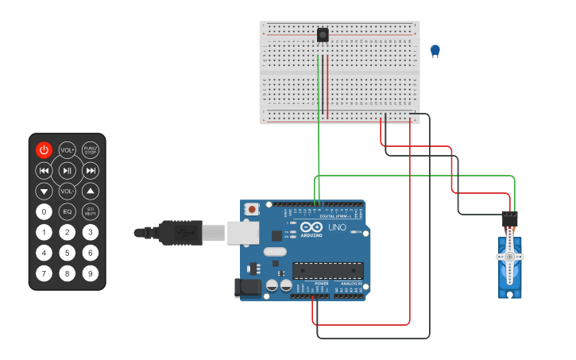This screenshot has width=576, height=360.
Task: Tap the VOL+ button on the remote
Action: pyautogui.click(x=68, y=149)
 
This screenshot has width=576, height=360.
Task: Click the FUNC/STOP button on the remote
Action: pyautogui.click(x=91, y=149)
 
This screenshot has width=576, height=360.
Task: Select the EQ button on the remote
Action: pyautogui.click(x=68, y=211)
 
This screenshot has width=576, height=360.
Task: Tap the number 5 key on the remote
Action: pyautogui.click(x=68, y=253)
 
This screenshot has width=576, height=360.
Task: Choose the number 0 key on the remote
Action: pyautogui.click(x=44, y=211)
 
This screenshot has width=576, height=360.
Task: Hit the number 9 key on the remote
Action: pyautogui.click(x=91, y=273)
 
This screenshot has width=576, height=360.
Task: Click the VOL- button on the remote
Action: pyautogui.click(x=68, y=191)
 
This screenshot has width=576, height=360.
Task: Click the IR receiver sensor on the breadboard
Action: pyautogui.click(x=323, y=35)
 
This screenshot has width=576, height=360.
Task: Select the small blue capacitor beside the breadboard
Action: pyautogui.click(x=435, y=51)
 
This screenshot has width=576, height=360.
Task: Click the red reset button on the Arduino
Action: pyautogui.click(x=252, y=210)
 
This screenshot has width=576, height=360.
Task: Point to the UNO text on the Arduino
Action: pyautogui.click(x=337, y=227)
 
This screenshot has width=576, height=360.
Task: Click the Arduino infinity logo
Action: pyautogui.click(x=312, y=227)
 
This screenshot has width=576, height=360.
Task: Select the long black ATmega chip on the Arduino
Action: pyautogui.click(x=328, y=270)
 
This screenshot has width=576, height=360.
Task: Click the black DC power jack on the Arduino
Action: pyautogui.click(x=248, y=288)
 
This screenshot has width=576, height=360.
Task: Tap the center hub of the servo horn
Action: pyautogui.click(x=509, y=257)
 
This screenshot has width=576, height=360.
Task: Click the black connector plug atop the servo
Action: pyautogui.click(x=509, y=218)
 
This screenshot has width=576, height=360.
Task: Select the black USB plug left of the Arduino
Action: pyautogui.click(x=179, y=232)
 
